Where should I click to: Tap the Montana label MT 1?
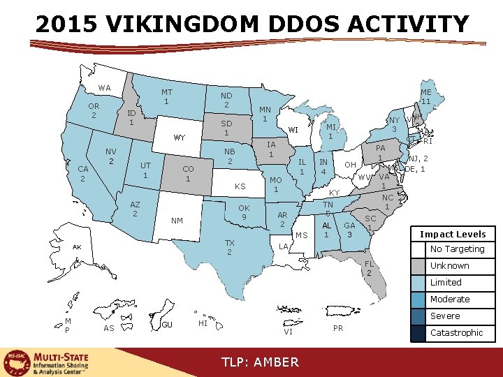(x=166, y=97)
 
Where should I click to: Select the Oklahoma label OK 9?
(x=244, y=212)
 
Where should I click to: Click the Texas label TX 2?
(x=229, y=247)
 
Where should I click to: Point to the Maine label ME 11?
(x=425, y=96)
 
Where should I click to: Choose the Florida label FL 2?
(x=370, y=268)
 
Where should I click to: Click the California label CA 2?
(x=83, y=174)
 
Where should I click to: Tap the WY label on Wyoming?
(x=180, y=138)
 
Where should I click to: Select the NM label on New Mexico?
(x=177, y=221)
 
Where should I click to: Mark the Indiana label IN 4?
(x=323, y=167)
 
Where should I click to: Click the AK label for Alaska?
(x=78, y=247)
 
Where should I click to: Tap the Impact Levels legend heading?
(x=453, y=234)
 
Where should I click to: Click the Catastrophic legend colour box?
(x=418, y=333)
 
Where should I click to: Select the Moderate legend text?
(x=449, y=299)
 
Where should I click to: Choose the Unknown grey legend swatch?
(x=418, y=266)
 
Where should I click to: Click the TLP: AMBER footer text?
(x=260, y=362)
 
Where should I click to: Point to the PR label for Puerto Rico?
(x=338, y=328)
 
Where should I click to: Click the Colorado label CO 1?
(x=188, y=174)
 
